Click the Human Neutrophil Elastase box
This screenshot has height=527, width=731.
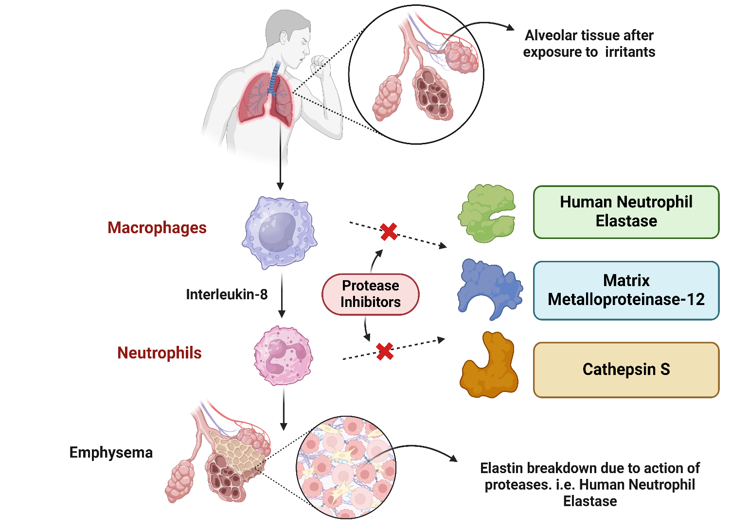(626, 212)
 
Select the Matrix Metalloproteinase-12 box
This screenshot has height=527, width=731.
(626, 290)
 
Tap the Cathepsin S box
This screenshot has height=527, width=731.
(626, 370)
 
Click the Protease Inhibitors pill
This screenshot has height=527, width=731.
(370, 294)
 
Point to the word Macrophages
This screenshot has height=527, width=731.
(157, 228)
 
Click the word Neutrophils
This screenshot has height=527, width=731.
(160, 353)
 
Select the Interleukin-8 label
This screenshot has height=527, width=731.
(227, 294)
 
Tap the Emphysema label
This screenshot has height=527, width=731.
(111, 453)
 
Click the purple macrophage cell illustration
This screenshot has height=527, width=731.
(279, 232)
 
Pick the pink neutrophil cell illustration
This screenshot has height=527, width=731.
(283, 356)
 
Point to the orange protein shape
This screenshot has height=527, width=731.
(489, 367)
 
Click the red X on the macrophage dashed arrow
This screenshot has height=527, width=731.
(389, 232)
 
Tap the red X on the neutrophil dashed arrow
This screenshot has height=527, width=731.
(385, 351)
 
